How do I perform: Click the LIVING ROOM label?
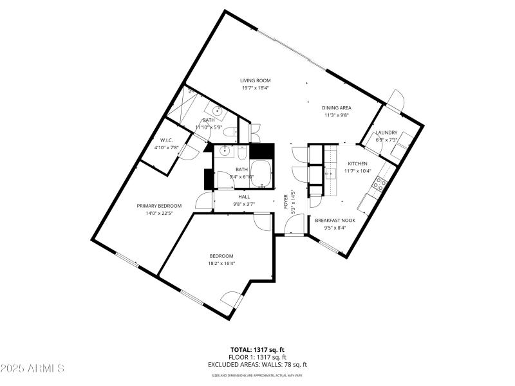pyautogui.click(x=256, y=80)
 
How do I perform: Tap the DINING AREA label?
pyautogui.click(x=337, y=108)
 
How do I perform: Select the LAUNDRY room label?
pyautogui.click(x=387, y=133)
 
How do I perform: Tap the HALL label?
pyautogui.click(x=244, y=197)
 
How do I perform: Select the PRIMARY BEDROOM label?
pyautogui.click(x=159, y=206)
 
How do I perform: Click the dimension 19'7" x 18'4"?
pyautogui.click(x=256, y=88)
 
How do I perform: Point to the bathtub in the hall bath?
pyautogui.click(x=260, y=174)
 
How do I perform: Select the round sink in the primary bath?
pyautogui.click(x=218, y=111)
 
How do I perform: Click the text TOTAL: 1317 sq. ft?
pyautogui.click(x=257, y=349)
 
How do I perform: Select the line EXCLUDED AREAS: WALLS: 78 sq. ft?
pyautogui.click(x=257, y=364)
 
